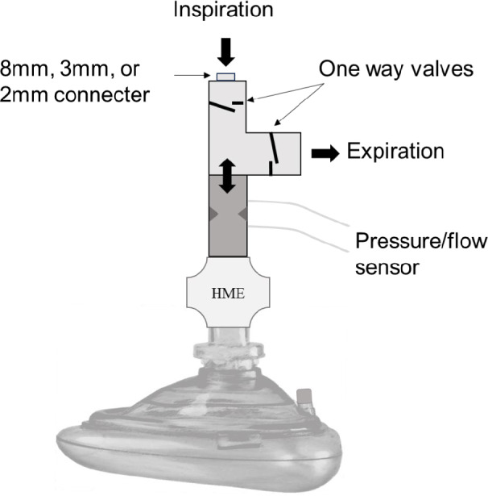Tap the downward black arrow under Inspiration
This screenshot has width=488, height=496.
tap(226, 51)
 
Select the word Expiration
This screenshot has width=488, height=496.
tap(394, 150)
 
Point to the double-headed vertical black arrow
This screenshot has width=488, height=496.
tap(226, 175)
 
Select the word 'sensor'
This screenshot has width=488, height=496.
tap(386, 267)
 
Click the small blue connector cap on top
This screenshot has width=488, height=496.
tap(226, 76)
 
